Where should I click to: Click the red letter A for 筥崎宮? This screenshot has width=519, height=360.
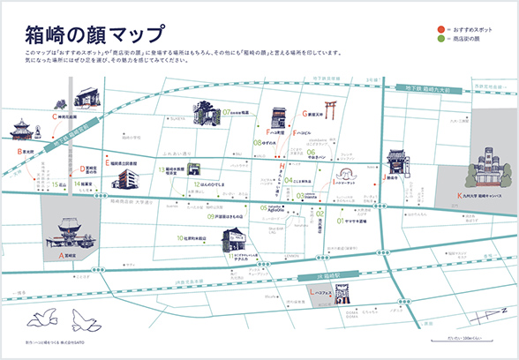point(61,254)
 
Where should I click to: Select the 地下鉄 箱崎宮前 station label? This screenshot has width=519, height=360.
point(71,134)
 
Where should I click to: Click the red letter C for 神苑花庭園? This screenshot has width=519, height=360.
point(55,116)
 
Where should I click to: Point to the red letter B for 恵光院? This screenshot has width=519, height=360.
point(19,151)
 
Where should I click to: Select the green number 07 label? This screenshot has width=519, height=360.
point(227,113)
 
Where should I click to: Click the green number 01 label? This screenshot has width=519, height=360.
point(340,221)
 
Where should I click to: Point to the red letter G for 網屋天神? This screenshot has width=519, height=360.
point(300,114)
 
